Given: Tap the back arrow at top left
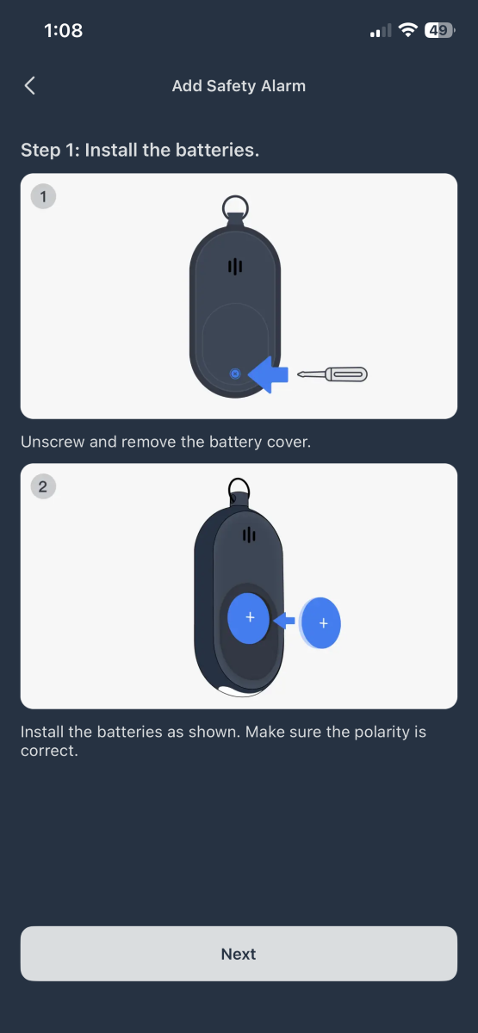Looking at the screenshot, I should (x=30, y=85).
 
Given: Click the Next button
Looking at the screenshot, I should (x=239, y=954).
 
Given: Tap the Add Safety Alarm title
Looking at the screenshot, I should (x=239, y=85).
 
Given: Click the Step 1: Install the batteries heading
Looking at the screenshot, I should (x=140, y=150).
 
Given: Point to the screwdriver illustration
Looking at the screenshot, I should (x=332, y=374).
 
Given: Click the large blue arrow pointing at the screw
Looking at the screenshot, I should (x=268, y=374).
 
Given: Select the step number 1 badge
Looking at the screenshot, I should (x=43, y=197).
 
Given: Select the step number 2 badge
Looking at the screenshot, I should (x=43, y=487).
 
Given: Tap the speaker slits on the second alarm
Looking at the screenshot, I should (x=249, y=535).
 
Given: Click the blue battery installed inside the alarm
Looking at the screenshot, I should (x=250, y=618).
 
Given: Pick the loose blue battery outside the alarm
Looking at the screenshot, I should (x=321, y=622).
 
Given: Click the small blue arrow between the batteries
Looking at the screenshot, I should (x=283, y=620).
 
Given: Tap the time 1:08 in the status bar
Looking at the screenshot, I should (x=63, y=31).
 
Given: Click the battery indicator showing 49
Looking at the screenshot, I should (x=439, y=31).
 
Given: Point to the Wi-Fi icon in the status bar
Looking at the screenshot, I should (x=407, y=31).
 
